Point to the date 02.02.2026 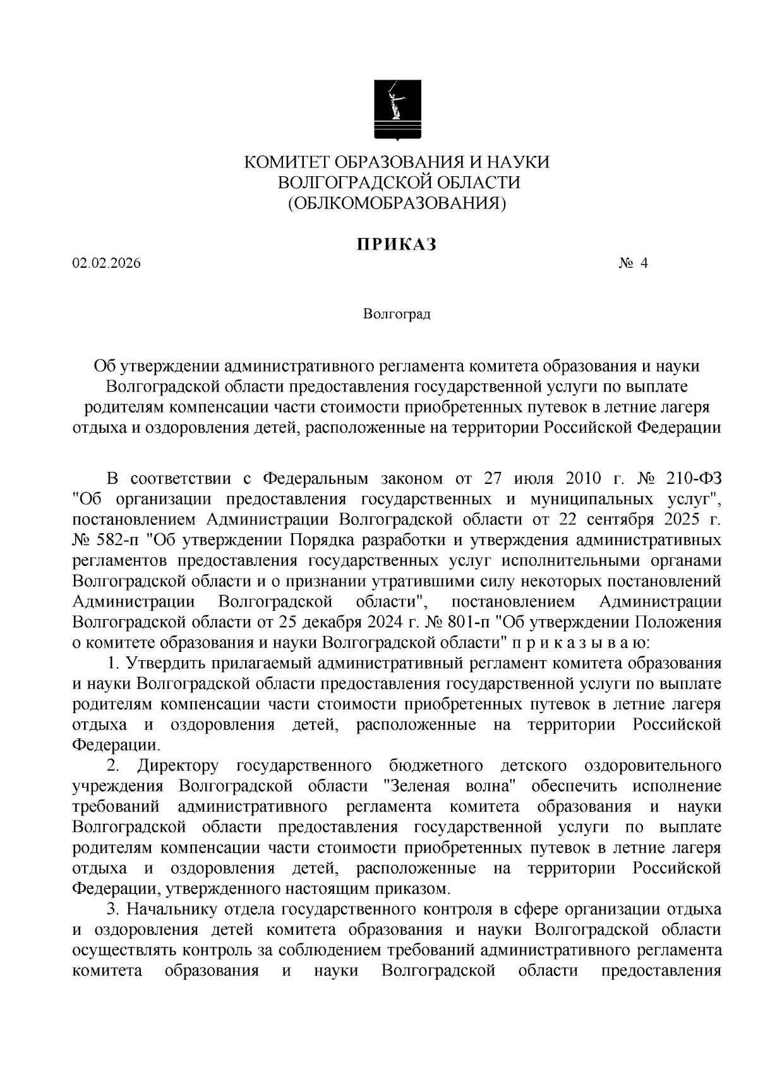coord(107,264)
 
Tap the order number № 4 coord(633,264)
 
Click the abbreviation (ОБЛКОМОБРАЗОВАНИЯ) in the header coord(397,203)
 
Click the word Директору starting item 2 coord(178,766)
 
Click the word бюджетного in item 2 coord(436,766)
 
